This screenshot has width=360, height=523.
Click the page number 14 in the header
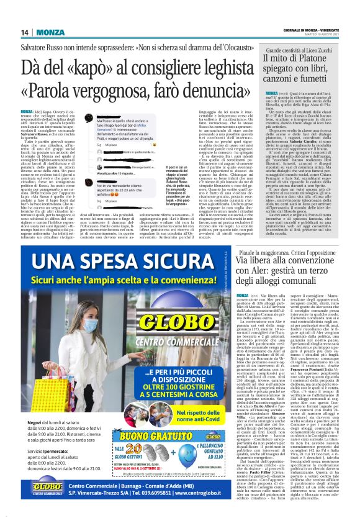24,14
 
